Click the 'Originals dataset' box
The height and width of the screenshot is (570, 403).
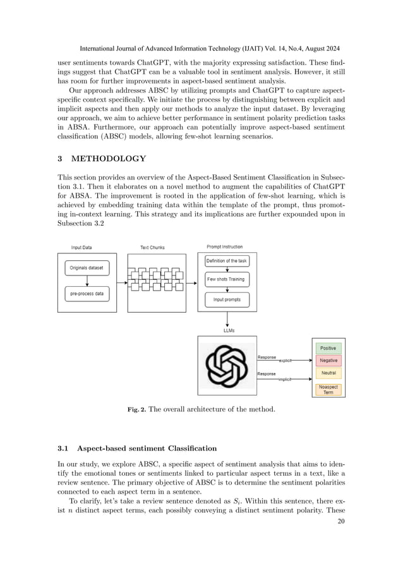(x=87, y=267)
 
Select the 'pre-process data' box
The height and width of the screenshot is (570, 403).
(x=87, y=293)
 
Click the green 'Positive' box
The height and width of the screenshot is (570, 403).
(x=328, y=348)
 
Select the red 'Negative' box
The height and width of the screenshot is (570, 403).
(x=328, y=360)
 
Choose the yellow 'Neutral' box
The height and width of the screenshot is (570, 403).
(x=328, y=373)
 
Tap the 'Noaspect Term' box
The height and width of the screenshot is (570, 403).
(x=328, y=389)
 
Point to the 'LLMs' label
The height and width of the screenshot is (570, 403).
(x=227, y=330)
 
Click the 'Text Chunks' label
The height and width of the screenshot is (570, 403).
(x=152, y=247)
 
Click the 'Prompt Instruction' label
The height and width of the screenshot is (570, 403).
(x=224, y=246)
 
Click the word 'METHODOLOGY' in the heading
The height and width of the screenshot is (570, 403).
(x=112, y=159)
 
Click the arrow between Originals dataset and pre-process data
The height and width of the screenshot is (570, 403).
(x=87, y=280)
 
